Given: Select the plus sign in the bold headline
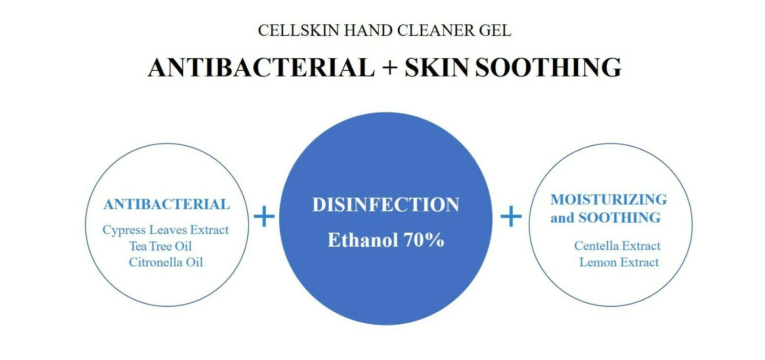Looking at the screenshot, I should coord(390,67).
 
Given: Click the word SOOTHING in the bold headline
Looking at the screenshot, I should coord(548,67).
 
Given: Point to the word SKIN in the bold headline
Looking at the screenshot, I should coord(437,67).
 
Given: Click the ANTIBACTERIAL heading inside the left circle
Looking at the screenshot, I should coord(166,205).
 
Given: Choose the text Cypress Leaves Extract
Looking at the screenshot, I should coord(165,230).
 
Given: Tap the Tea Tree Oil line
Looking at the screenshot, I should coord(160,246).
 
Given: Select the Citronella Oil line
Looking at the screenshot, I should coord(166,262).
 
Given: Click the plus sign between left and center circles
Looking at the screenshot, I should coord(264,217).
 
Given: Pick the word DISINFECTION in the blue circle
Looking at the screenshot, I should coord(385,205).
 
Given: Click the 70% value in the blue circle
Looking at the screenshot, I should coord(424,240).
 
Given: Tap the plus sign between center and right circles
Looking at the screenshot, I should coord(511,217).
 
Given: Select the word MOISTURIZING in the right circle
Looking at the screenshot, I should coord(608,199).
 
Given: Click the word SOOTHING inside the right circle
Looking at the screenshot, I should coord(619,218).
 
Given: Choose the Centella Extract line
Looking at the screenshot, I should coord(617,246).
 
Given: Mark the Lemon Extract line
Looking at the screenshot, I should coord(619,262).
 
